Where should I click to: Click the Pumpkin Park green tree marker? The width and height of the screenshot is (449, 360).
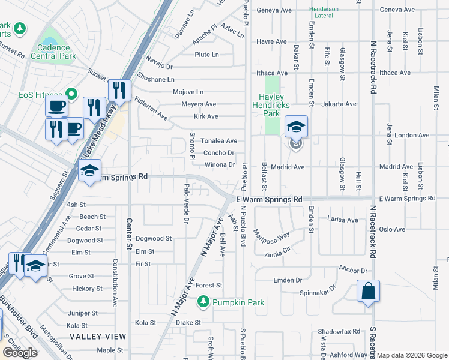point(204,302)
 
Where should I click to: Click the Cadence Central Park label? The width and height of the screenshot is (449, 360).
point(57,52)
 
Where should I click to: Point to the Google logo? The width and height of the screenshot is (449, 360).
point(20,353)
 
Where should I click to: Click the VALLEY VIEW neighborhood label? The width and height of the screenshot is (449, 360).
point(98,337)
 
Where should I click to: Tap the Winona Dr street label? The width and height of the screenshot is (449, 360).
point(220,164)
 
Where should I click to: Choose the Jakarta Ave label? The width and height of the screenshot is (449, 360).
point(339,104)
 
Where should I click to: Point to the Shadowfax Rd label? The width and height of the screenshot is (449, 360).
point(339,331)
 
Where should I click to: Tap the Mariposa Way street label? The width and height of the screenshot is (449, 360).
point(271,235)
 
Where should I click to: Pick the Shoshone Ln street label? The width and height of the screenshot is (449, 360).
point(154,79)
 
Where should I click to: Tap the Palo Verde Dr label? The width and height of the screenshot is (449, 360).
point(186,204)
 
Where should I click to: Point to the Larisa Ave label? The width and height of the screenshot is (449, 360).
point(343,220)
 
